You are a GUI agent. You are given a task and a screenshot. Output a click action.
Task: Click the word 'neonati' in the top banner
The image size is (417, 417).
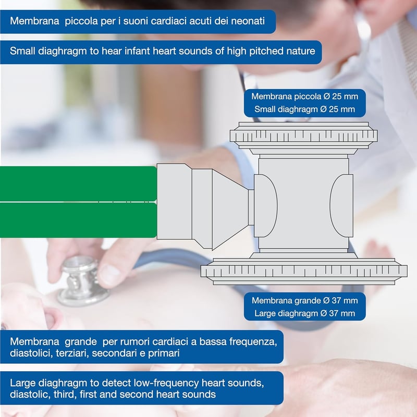click(x=248, y=21)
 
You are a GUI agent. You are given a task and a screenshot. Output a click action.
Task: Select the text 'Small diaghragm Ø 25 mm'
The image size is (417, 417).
click(x=304, y=109)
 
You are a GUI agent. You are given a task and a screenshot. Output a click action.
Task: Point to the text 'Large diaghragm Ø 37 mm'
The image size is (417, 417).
click(x=304, y=313)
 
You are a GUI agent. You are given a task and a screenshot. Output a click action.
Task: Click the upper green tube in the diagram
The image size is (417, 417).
click(x=78, y=184)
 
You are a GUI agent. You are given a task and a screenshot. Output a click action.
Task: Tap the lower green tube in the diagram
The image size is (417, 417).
click(x=78, y=220)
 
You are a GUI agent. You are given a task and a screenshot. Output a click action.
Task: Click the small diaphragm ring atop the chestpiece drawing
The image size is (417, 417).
click(x=303, y=136)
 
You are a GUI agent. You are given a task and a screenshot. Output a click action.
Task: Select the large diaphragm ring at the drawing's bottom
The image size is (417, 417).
click(x=304, y=271)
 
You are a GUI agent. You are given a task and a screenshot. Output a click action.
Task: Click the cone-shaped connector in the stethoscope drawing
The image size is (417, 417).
click(x=230, y=210)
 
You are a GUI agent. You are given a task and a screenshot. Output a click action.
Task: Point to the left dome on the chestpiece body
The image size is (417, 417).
click(x=266, y=205)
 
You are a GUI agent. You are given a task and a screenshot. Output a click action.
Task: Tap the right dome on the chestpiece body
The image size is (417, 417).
click(x=341, y=205)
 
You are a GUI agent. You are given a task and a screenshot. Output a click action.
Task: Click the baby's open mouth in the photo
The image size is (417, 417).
click(x=51, y=319)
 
